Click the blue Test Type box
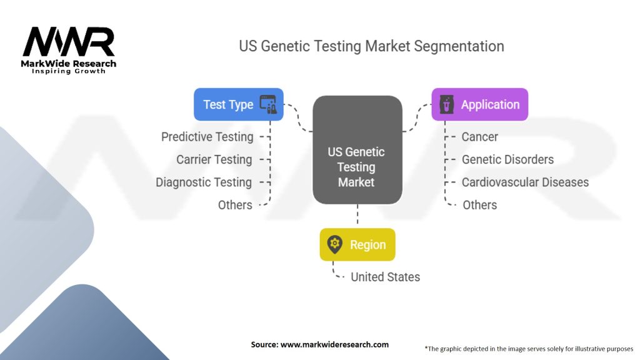click(x=238, y=104)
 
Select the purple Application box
click(x=479, y=104)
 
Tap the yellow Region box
click(x=357, y=244)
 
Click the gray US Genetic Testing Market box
click(x=357, y=150)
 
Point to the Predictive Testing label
click(x=207, y=137)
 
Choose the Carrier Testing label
click(x=214, y=159)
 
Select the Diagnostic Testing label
click(x=204, y=182)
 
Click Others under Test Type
click(x=235, y=205)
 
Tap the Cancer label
click(x=479, y=137)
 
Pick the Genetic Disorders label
click(x=507, y=159)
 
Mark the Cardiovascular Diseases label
click(x=525, y=182)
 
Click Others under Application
click(x=479, y=205)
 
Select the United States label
click(x=385, y=277)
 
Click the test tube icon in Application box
click(x=446, y=104)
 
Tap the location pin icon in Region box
click(x=335, y=244)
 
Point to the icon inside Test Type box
click(x=268, y=104)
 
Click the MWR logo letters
click(x=69, y=42)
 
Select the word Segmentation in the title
click(x=459, y=46)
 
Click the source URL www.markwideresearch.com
click(x=334, y=344)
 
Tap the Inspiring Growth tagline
click(x=69, y=71)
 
